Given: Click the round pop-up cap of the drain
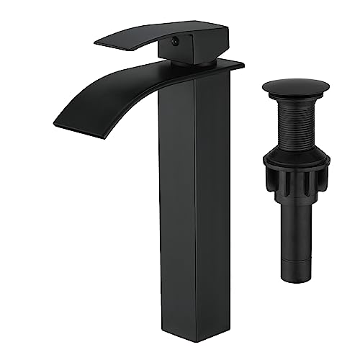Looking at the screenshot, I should tap(295, 89).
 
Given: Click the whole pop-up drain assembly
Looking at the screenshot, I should tap(295, 180).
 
